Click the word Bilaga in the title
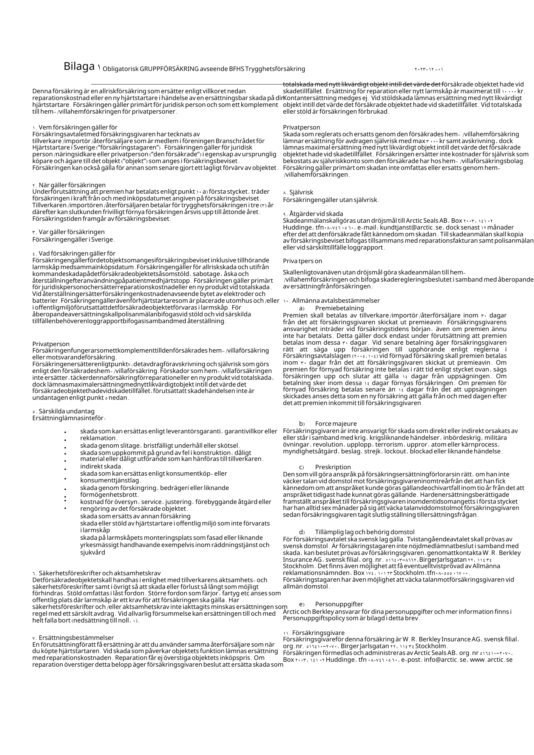(79, 66)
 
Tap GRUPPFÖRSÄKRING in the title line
(169, 69)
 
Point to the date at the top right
(429, 69)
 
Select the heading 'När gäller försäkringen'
(72, 185)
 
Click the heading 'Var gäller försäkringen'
(71, 232)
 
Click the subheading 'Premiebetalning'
(340, 308)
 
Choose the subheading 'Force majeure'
(336, 424)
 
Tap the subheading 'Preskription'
(333, 467)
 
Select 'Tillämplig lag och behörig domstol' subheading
(364, 532)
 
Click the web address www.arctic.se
(491, 660)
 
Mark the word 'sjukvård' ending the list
(93, 552)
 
